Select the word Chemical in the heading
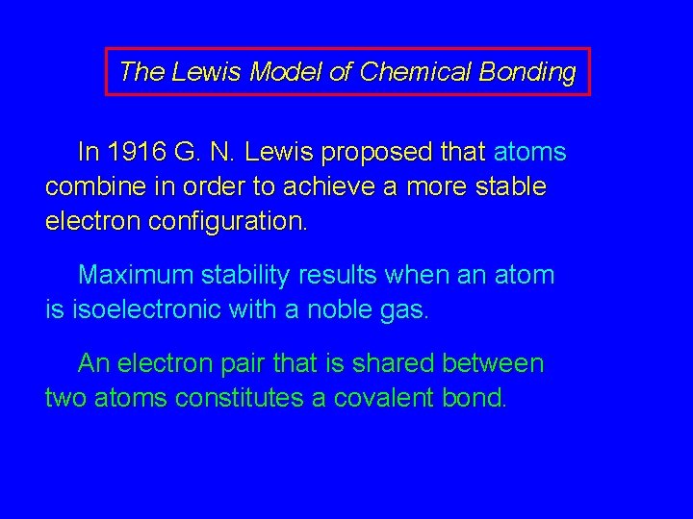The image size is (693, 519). pyautogui.click(x=404, y=72)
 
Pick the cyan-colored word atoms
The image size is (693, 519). pyautogui.click(x=529, y=152)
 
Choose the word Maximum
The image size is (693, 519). pyautogui.click(x=136, y=275)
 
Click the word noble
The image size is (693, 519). pyautogui.click(x=334, y=309)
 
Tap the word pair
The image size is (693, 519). pyautogui.click(x=244, y=364)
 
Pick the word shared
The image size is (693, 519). pyautogui.click(x=391, y=363)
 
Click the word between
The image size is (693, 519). pyautogui.click(x=493, y=363)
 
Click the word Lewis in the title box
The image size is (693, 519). pyautogui.click(x=208, y=72)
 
